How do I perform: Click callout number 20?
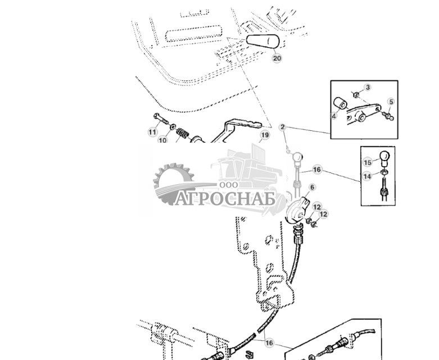click(277, 58)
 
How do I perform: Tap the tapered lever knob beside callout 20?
click(263, 42)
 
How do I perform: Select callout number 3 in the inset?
click(368, 88)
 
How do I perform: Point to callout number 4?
click(334, 116)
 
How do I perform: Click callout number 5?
click(391, 102)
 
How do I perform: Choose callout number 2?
click(283, 127)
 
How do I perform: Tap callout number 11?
click(152, 132)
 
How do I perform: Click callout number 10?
click(162, 140)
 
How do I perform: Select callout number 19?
click(264, 135)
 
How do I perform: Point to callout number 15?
click(368, 162)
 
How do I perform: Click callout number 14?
click(367, 176)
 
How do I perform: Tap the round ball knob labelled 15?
click(384, 156)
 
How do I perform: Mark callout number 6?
click(312, 188)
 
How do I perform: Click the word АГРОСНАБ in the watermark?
click(225, 198)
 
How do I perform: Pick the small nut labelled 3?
click(356, 94)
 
